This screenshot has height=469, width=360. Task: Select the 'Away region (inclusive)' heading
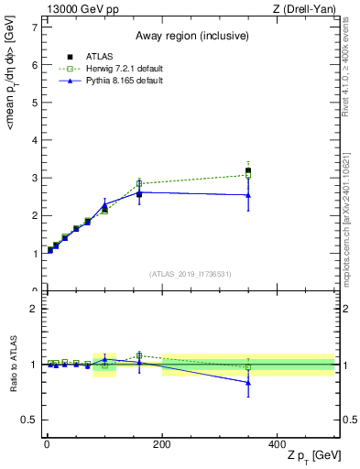point(190,36)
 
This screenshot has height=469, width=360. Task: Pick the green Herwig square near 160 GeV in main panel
point(139,183)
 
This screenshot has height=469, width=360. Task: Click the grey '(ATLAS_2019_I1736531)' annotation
point(190,273)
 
